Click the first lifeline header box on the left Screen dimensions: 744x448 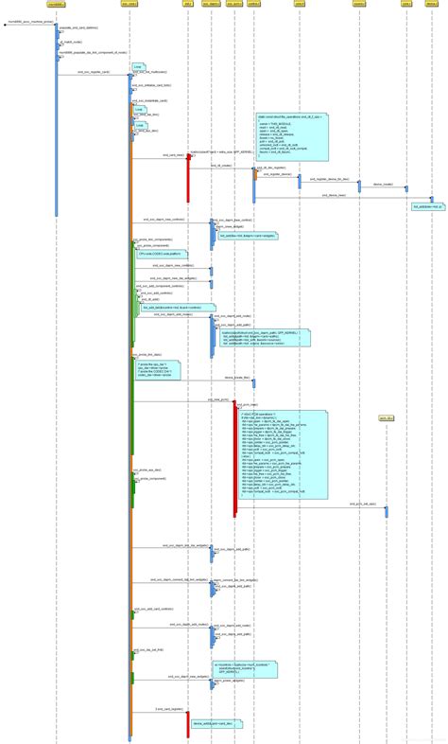(x=56, y=5)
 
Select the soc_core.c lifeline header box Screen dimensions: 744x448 (x=130, y=5)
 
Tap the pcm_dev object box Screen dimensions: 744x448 (x=386, y=417)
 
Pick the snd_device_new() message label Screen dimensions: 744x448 (x=335, y=195)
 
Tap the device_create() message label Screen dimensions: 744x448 (x=383, y=185)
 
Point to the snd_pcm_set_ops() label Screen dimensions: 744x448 (x=363, y=504)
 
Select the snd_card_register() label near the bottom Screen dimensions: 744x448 (x=169, y=709)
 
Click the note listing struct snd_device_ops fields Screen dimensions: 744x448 (x=292, y=136)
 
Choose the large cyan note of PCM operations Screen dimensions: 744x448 (x=281, y=453)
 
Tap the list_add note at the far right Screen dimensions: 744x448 (x=427, y=205)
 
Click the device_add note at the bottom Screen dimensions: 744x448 (x=216, y=723)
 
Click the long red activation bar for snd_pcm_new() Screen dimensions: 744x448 (x=234, y=459)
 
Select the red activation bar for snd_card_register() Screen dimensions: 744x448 (x=187, y=724)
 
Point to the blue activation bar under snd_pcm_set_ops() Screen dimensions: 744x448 (x=386, y=511)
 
